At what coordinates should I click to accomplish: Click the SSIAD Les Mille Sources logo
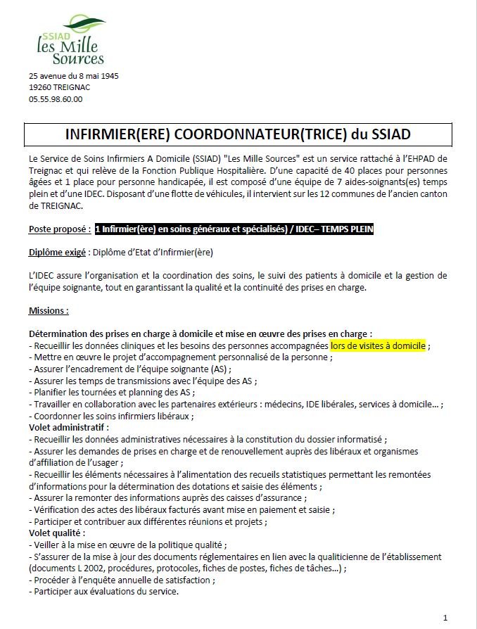pos(70,43)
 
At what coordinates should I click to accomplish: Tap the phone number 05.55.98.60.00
pos(56,99)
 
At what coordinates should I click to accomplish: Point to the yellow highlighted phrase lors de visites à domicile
pos(378,345)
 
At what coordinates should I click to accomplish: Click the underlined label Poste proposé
pos(59,229)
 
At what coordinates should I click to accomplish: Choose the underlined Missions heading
pos(49,310)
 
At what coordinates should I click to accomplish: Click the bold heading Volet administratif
pos(69,426)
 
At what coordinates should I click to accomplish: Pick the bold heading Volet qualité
pos(56,533)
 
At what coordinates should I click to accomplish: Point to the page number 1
pos(445,617)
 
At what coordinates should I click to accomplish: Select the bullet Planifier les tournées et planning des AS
pos(114,392)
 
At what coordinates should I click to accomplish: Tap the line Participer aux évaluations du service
pos(106,591)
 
